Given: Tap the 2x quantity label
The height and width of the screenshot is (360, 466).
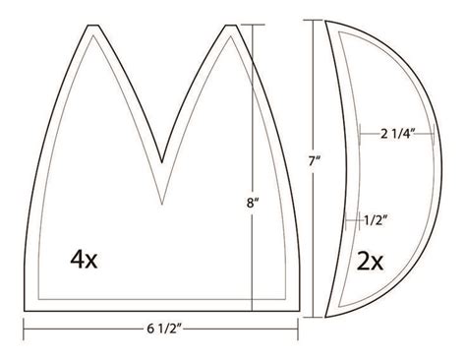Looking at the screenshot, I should [x=372, y=261].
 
